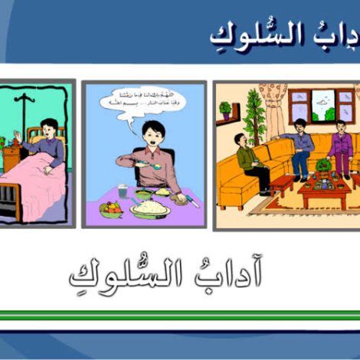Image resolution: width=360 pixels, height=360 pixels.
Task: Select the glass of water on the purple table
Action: point(123,192)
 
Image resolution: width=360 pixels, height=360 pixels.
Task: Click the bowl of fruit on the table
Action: point(112,208)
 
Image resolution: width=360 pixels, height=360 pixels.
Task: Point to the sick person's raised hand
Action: point(17,136)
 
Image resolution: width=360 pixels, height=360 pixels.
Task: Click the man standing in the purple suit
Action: point(340,148)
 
